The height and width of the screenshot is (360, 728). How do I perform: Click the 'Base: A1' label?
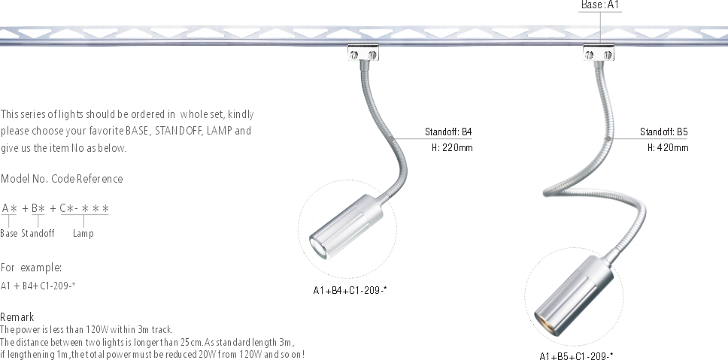click(x=599, y=5)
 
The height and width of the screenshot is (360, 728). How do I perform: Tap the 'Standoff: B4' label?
click(x=448, y=132)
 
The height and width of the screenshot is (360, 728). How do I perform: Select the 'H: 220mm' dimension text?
click(x=452, y=148)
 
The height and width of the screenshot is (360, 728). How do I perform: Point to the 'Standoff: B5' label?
click(x=664, y=132)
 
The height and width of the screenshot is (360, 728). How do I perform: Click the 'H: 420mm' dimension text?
click(x=668, y=148)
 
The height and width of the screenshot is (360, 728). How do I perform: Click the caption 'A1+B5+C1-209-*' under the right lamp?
click(x=576, y=355)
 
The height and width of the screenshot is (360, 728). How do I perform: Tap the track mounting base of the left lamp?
click(x=363, y=53)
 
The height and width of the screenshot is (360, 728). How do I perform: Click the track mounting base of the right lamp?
click(x=599, y=53)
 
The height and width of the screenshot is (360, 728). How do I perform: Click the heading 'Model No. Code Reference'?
click(x=62, y=179)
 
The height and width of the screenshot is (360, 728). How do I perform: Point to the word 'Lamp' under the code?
click(x=83, y=234)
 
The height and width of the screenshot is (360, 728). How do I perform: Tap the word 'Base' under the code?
click(x=9, y=234)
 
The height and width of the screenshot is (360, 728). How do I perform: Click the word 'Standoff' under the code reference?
click(x=38, y=234)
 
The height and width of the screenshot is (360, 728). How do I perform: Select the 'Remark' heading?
click(x=17, y=317)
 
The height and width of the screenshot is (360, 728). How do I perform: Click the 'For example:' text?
click(x=31, y=268)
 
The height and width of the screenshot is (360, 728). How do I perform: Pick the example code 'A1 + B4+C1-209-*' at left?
click(x=38, y=285)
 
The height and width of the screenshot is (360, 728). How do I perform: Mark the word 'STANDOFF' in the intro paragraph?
click(x=178, y=131)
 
